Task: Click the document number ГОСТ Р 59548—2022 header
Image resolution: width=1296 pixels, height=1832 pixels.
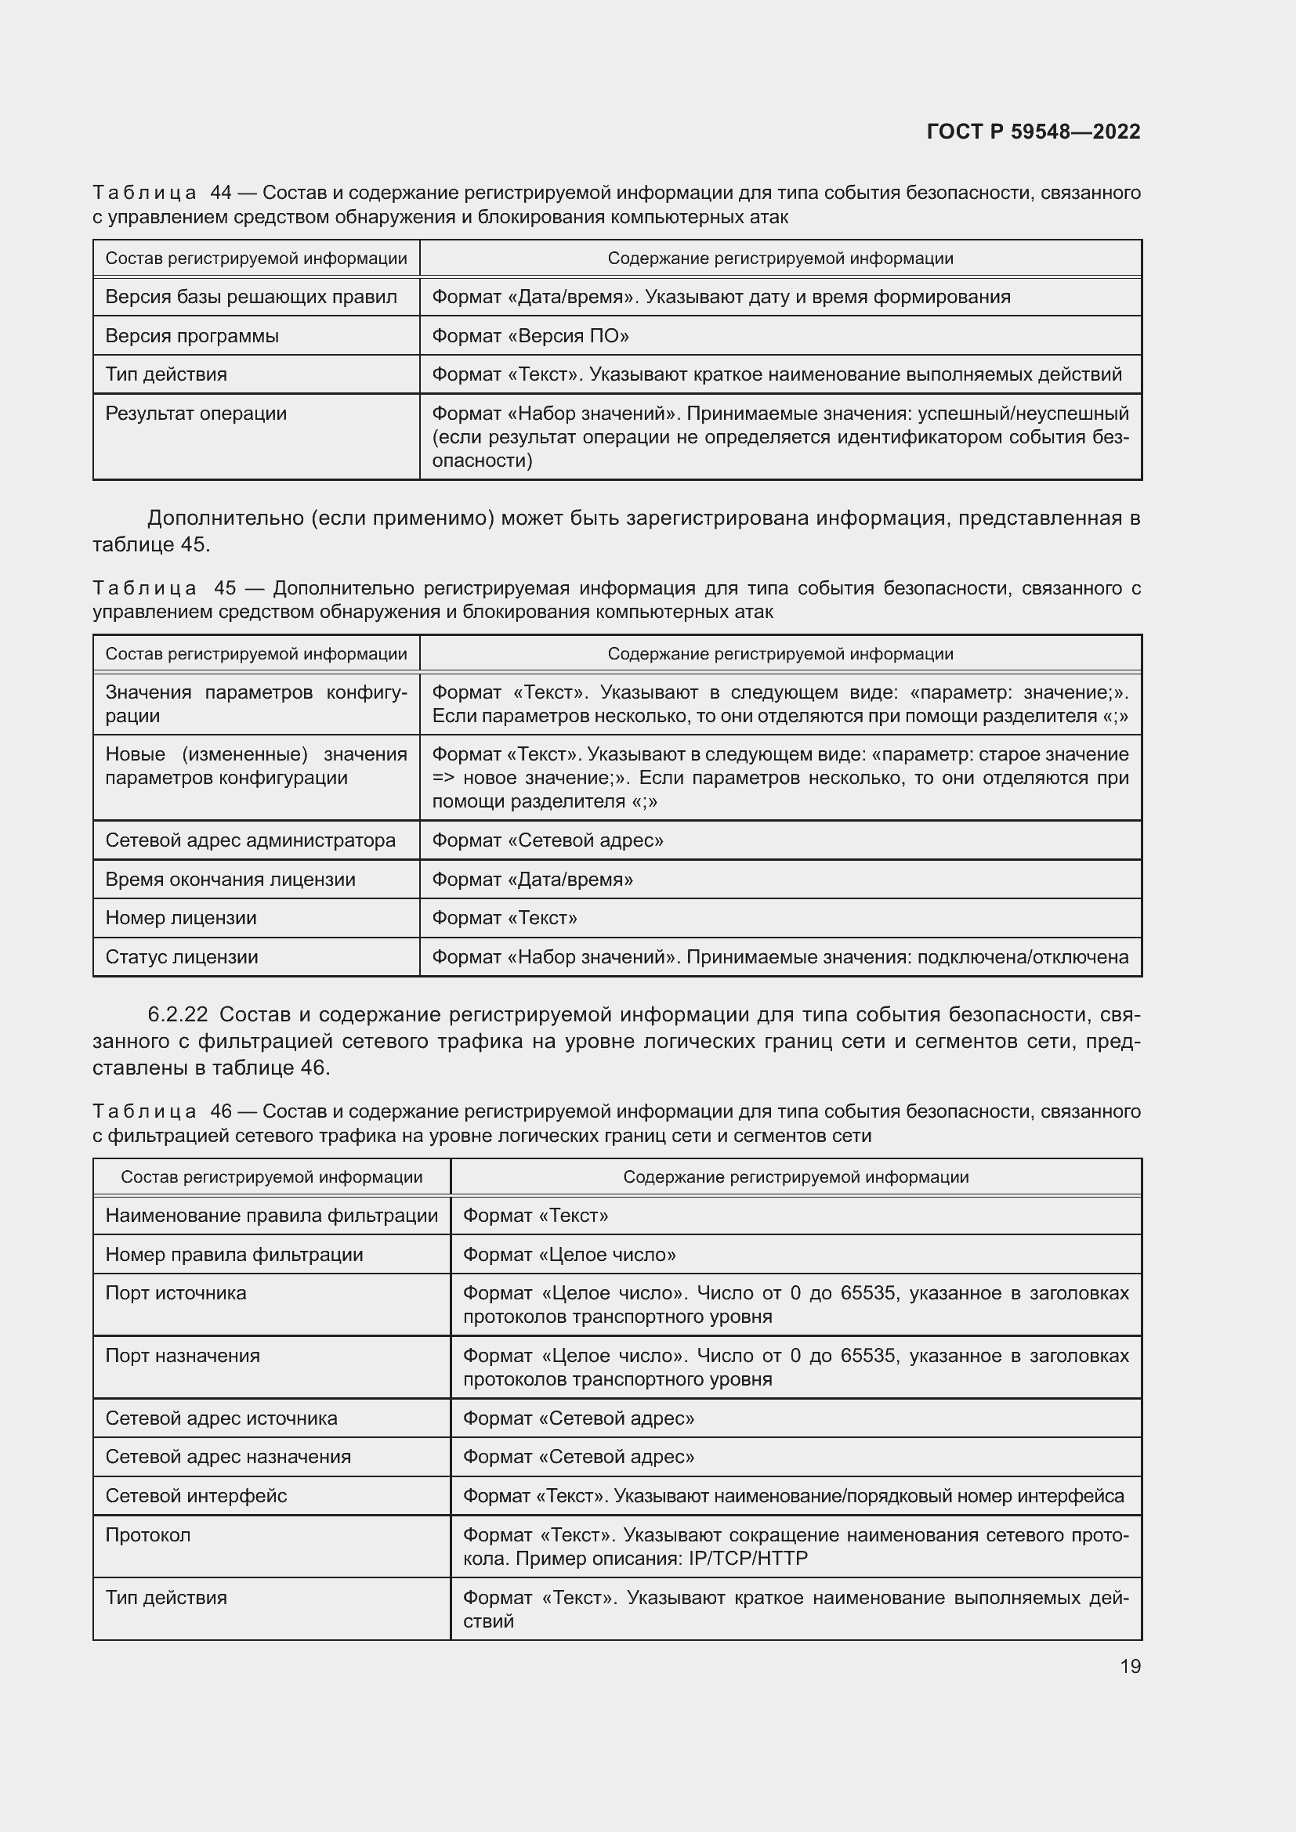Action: (x=1033, y=132)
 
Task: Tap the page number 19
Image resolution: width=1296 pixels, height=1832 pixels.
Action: (x=1130, y=1666)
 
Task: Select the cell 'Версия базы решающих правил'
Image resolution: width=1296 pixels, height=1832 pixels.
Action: (x=251, y=297)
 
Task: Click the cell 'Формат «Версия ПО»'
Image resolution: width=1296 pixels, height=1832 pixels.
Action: (x=530, y=336)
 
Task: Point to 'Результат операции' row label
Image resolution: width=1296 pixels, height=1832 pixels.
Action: (x=196, y=414)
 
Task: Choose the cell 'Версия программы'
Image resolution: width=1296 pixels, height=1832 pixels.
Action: (x=191, y=336)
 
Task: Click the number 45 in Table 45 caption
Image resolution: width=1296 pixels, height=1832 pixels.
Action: (x=225, y=588)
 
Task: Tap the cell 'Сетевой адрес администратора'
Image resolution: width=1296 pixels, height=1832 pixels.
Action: (x=250, y=840)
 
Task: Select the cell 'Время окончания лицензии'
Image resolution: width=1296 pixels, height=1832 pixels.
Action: (x=230, y=880)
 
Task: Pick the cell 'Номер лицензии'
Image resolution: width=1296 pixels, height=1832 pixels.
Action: (x=180, y=918)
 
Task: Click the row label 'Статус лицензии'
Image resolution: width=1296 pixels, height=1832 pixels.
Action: (x=181, y=956)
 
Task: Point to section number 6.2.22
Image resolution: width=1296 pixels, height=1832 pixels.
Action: (x=177, y=1014)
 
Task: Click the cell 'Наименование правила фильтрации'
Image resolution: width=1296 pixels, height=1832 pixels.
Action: (x=271, y=1216)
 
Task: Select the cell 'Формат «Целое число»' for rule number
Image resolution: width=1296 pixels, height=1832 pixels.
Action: (x=569, y=1254)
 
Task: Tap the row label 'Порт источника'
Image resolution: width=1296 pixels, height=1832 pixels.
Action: (x=176, y=1293)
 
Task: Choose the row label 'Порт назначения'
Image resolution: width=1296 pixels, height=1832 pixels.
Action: (x=182, y=1356)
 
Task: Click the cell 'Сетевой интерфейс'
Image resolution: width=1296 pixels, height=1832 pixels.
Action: (x=196, y=1496)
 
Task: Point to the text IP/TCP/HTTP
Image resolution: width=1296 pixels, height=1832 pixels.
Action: (x=748, y=1559)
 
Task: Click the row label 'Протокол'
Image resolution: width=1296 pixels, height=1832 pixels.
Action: (x=147, y=1535)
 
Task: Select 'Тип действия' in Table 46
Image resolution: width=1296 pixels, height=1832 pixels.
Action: (x=166, y=1597)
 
